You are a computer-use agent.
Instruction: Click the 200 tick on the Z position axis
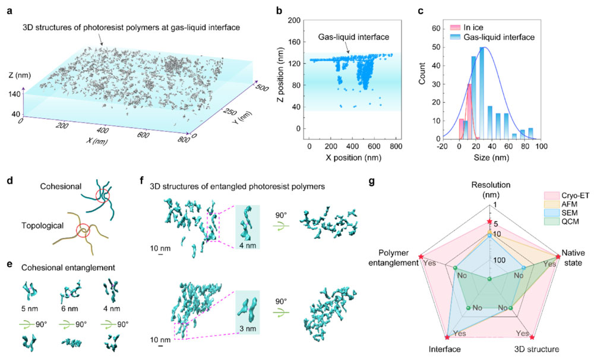[293, 20]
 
